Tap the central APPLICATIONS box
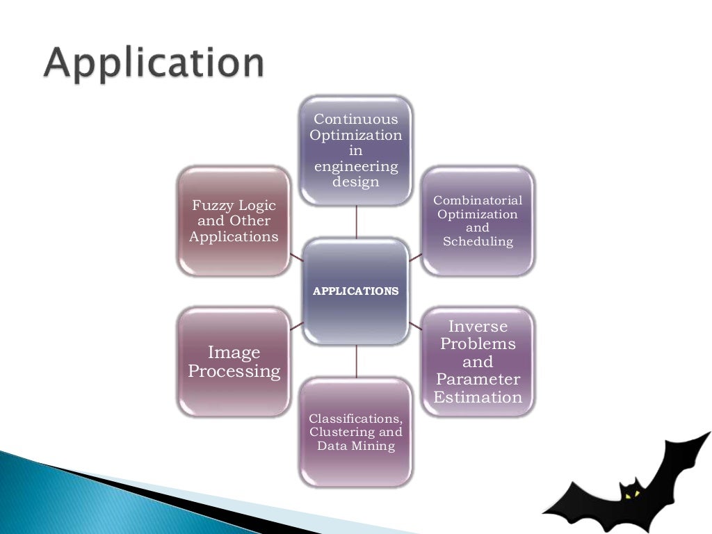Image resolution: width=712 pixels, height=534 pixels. click(x=356, y=291)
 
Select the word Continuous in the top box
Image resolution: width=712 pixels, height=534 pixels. click(x=356, y=120)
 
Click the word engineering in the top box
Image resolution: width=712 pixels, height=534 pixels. click(x=356, y=167)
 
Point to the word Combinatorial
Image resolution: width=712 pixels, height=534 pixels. click(x=478, y=200)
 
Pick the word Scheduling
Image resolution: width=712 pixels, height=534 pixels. click(x=478, y=242)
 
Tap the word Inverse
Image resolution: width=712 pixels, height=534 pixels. click(x=478, y=326)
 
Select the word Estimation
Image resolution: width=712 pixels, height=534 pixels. click(x=478, y=398)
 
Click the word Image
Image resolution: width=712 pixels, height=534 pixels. click(x=234, y=353)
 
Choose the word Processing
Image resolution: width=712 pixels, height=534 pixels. click(x=234, y=372)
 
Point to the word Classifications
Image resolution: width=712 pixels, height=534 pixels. click(x=355, y=419)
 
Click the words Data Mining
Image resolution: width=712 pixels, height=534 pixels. click(x=356, y=446)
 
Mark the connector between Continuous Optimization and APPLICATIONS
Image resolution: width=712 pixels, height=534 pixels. click(x=356, y=222)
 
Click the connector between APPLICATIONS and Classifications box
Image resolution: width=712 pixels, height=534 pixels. click(x=356, y=362)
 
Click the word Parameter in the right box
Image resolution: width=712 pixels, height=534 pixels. click(x=478, y=380)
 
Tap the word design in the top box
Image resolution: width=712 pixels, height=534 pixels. click(x=356, y=183)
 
